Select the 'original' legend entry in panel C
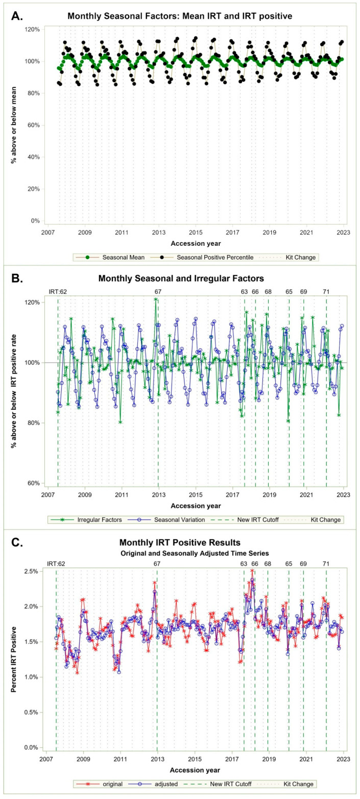(x=100, y=784)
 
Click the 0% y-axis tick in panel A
(x=35, y=221)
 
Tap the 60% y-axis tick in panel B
(x=33, y=483)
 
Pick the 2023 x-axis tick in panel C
(x=344, y=760)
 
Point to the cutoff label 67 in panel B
(x=158, y=292)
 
